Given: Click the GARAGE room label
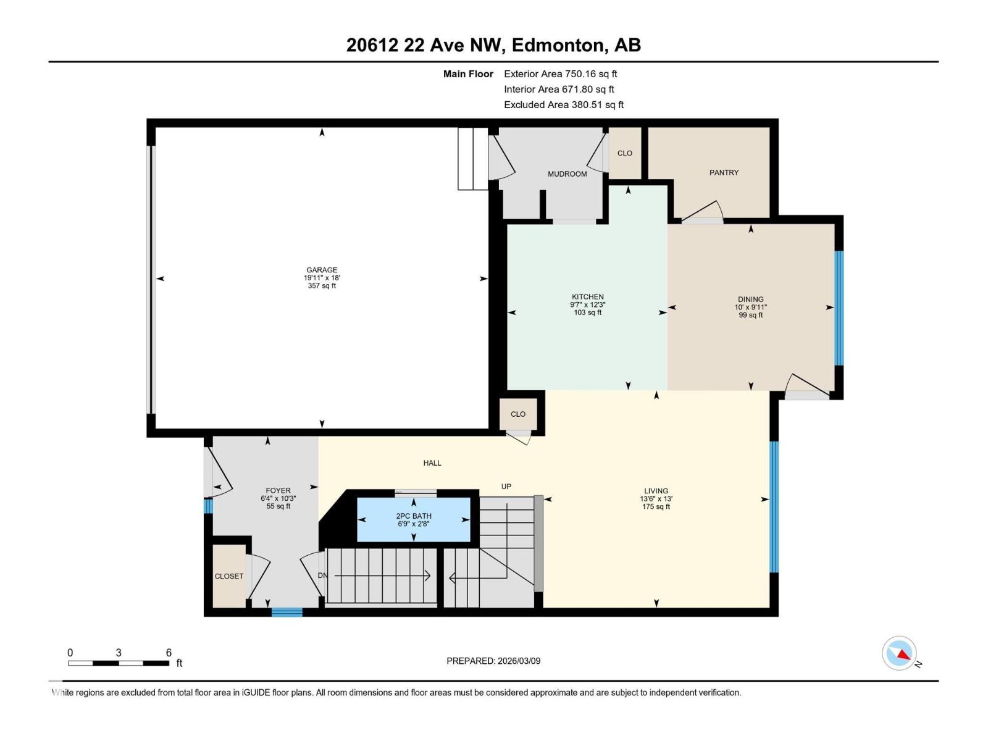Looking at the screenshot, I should pyautogui.click(x=322, y=270).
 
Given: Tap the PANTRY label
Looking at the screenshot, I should pyautogui.click(x=724, y=172).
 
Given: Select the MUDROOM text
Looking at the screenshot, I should pyautogui.click(x=567, y=174).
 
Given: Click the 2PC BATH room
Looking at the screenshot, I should pyautogui.click(x=414, y=519).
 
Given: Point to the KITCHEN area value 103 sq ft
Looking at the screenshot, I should pyautogui.click(x=587, y=312).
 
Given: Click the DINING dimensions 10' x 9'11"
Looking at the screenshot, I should pyautogui.click(x=750, y=307).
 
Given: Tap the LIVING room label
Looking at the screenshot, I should pyautogui.click(x=656, y=491).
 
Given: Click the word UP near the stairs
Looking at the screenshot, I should pyautogui.click(x=506, y=487).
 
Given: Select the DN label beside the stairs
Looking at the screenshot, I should pyautogui.click(x=322, y=576).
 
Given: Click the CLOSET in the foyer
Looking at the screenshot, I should pyautogui.click(x=229, y=576).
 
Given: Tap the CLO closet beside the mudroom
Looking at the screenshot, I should pyautogui.click(x=624, y=153).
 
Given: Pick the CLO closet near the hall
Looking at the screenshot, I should pyautogui.click(x=518, y=414).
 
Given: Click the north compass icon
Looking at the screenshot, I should pyautogui.click(x=900, y=653).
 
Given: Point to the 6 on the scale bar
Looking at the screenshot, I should pyautogui.click(x=169, y=653).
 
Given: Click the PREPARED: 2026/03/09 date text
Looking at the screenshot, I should pyautogui.click(x=493, y=661).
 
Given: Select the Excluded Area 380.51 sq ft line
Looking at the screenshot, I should pyautogui.click(x=563, y=105).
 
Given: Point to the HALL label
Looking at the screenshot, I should pyautogui.click(x=432, y=463).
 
